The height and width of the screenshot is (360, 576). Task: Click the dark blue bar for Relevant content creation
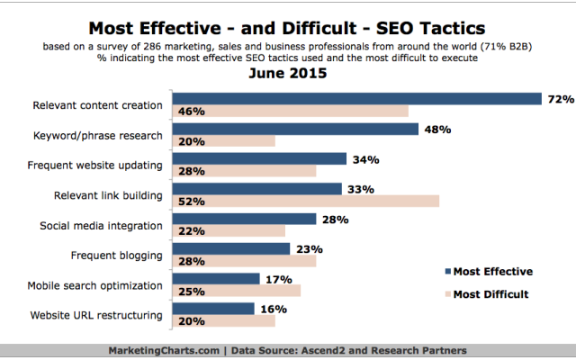(x=355, y=99)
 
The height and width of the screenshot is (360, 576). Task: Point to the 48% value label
(x=436, y=129)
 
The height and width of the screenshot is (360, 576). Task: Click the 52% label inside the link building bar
(x=190, y=201)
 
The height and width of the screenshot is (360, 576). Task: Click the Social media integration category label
(x=102, y=225)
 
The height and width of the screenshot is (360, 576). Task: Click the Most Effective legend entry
(x=494, y=271)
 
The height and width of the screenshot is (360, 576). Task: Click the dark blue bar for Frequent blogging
(x=230, y=248)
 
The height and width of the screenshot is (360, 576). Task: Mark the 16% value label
(x=274, y=309)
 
